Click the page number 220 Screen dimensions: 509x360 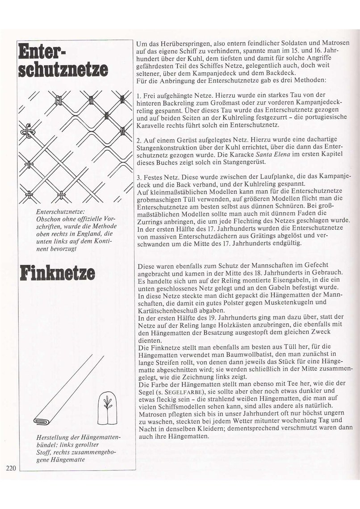(x=11, y=468)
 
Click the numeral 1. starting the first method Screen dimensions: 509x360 (x=138, y=96)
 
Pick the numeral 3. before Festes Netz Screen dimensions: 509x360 (x=138, y=177)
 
